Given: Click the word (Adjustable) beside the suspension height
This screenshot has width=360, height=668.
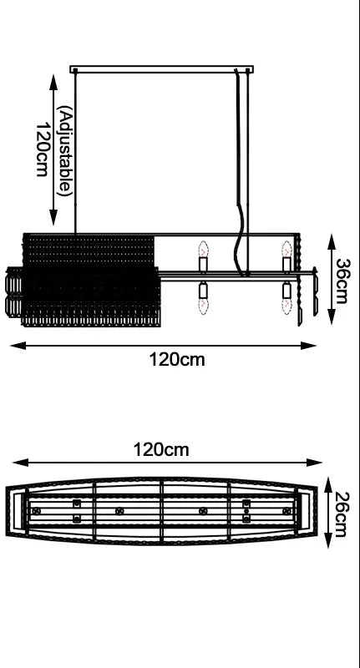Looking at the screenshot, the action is (65, 151).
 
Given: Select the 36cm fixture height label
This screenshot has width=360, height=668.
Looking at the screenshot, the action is (342, 281).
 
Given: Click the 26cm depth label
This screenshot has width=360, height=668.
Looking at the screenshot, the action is (342, 514).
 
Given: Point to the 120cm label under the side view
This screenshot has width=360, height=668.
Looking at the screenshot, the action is (177, 360).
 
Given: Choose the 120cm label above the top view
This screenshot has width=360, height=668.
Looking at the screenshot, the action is (161, 449).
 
